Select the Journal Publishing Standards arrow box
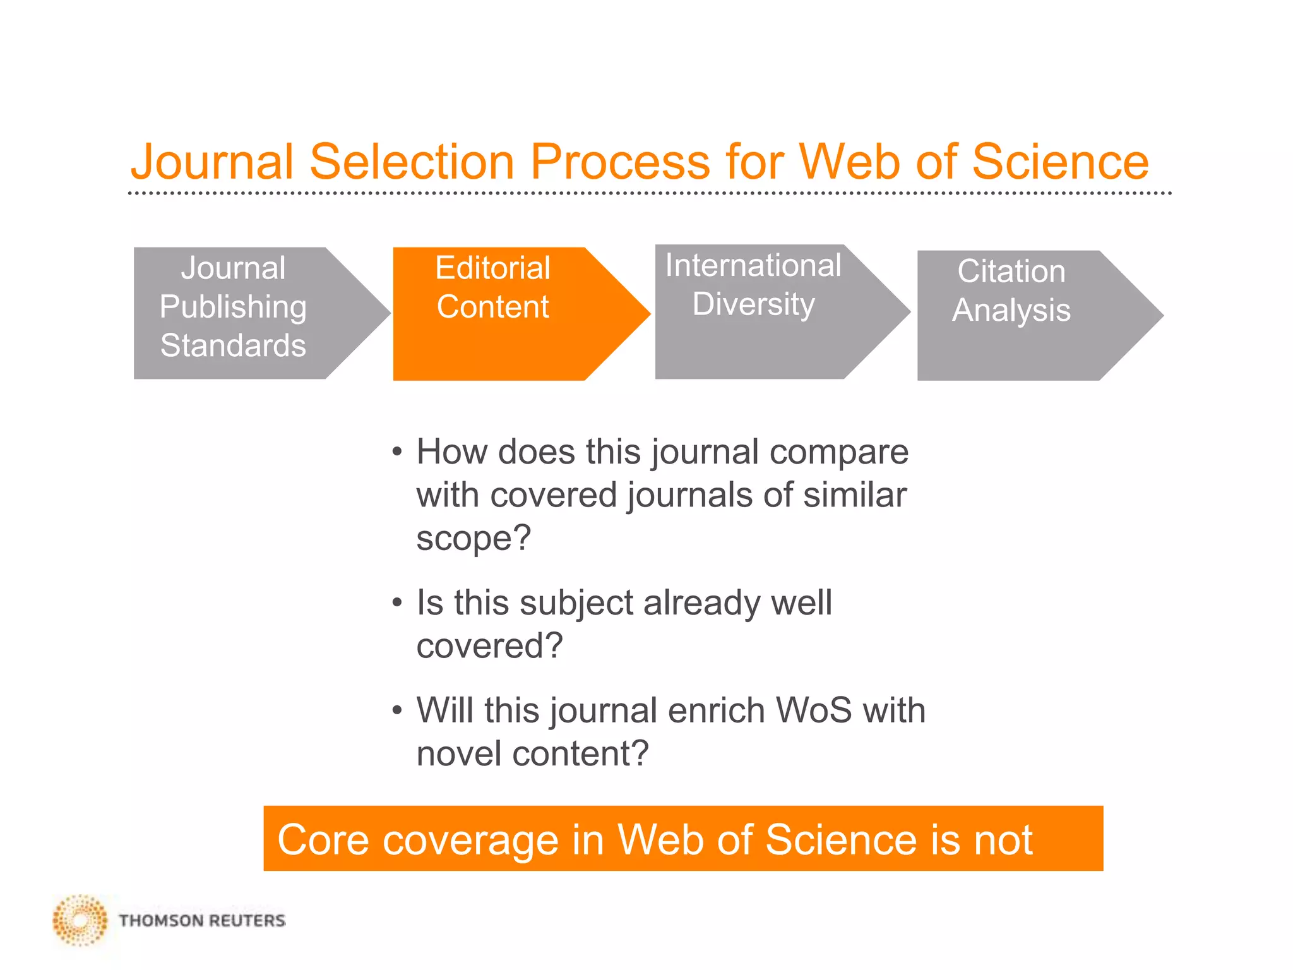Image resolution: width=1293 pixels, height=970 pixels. pyautogui.click(x=246, y=313)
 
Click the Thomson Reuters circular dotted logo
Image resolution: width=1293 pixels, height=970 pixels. pyautogui.click(x=80, y=920)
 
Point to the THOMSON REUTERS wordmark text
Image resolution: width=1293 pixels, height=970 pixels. pyautogui.click(x=202, y=921)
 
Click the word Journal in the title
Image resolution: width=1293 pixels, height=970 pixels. pyautogui.click(x=212, y=162)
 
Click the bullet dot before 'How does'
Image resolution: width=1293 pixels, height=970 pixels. pyautogui.click(x=396, y=452)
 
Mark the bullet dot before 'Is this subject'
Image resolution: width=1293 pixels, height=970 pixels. pyautogui.click(x=396, y=602)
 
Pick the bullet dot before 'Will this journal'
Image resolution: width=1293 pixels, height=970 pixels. pyautogui.click(x=396, y=710)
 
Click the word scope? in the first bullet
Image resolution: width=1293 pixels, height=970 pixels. pyautogui.click(x=474, y=538)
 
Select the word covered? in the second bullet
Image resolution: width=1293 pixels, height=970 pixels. pyautogui.click(x=489, y=645)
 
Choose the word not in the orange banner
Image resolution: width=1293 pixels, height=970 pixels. pyautogui.click(x=1003, y=840)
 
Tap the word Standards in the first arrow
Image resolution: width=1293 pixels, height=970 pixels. pyautogui.click(x=233, y=345)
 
